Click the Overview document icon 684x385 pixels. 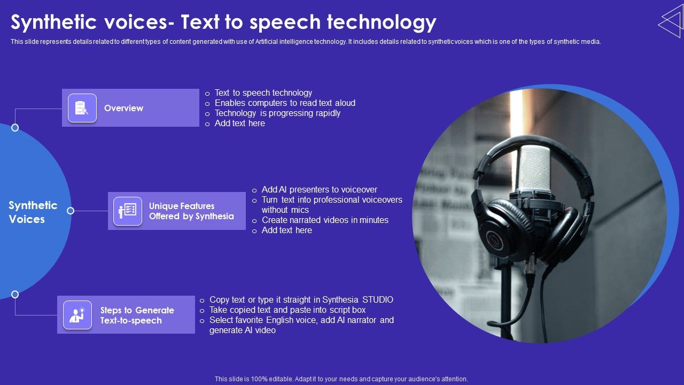[x=82, y=108]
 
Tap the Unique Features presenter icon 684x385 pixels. [x=128, y=211]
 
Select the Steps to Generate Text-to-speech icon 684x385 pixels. [x=77, y=315]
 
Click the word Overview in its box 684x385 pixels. [x=123, y=108]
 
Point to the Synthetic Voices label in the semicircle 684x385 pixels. [x=33, y=212]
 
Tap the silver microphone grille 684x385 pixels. [x=533, y=168]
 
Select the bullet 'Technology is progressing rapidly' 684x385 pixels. [x=277, y=113]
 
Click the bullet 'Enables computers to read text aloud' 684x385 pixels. [x=284, y=103]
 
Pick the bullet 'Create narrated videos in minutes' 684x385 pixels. [x=324, y=220]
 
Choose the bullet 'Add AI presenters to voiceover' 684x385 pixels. [x=319, y=190]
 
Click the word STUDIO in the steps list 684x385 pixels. [x=378, y=300]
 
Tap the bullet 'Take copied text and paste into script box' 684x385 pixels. [x=287, y=310]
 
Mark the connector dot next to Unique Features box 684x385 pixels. [x=71, y=211]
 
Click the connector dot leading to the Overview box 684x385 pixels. [x=15, y=127]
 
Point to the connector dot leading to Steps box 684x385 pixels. [x=15, y=294]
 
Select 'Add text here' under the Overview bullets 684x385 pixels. [x=239, y=124]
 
